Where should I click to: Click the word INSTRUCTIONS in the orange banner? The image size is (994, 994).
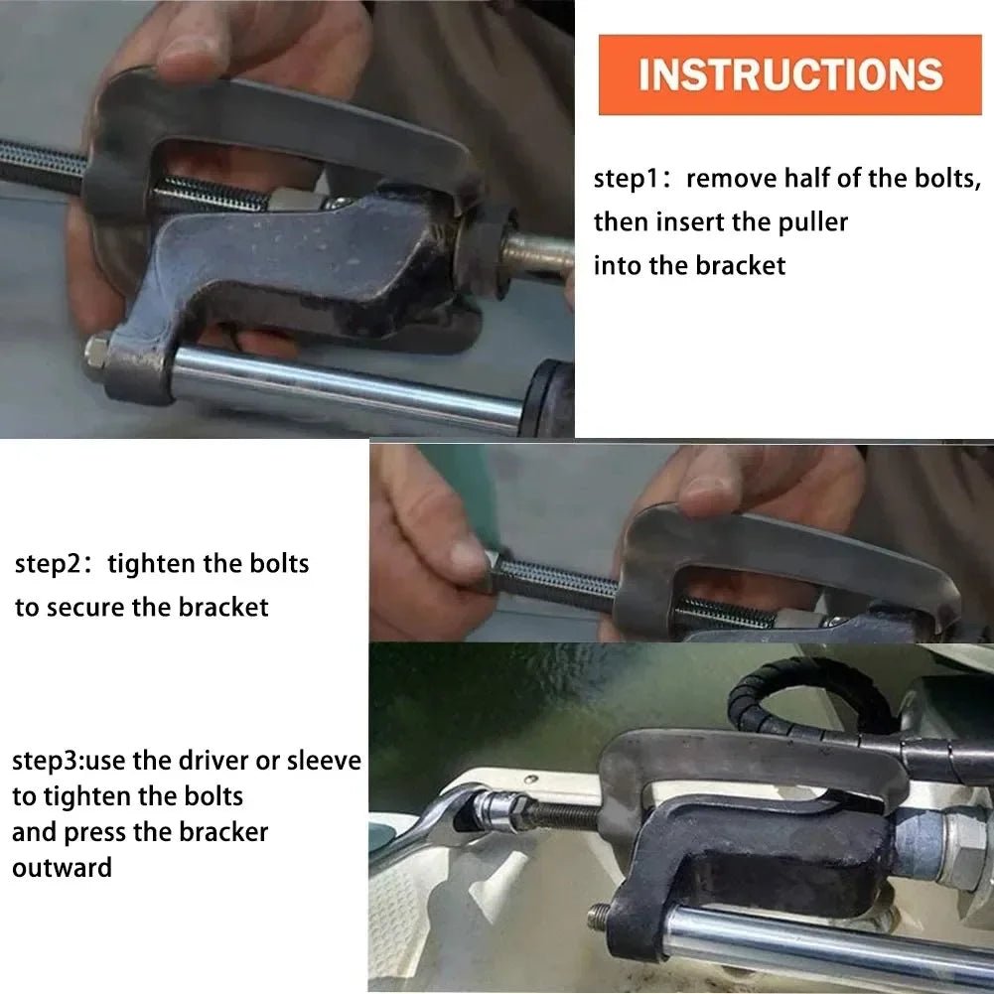790,74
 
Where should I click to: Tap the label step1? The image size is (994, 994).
625,180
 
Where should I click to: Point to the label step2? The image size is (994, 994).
48,564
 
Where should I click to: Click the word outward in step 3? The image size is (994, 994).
63,868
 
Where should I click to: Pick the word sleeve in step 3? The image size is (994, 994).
324,760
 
